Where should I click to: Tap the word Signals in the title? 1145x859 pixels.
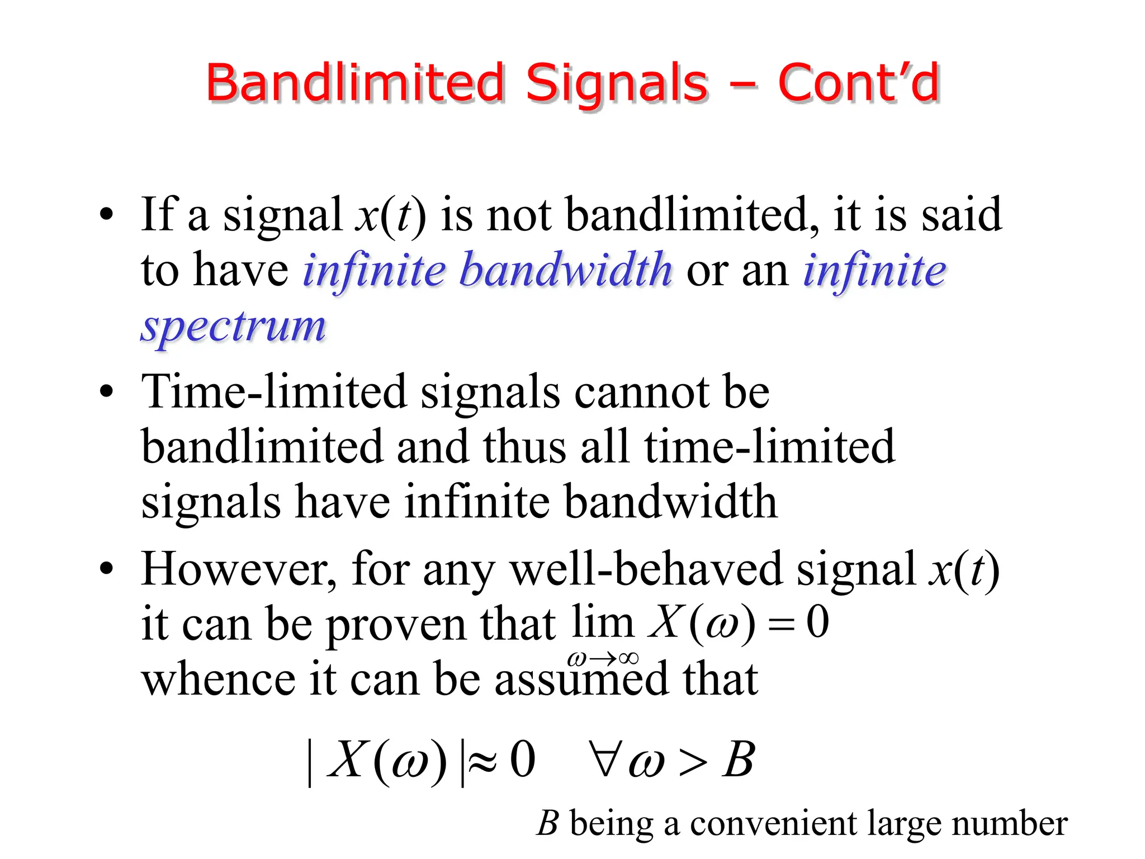[x=617, y=84]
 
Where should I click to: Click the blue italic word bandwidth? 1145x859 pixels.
[x=565, y=271]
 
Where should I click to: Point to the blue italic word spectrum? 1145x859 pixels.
[x=233, y=327]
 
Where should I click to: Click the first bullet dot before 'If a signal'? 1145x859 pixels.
[x=106, y=215]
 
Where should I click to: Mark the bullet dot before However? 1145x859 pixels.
[x=106, y=569]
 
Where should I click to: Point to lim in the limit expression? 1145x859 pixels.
[x=603, y=622]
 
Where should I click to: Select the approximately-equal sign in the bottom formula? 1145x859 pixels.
[x=482, y=762]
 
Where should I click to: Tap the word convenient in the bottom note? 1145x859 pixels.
[x=773, y=824]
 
